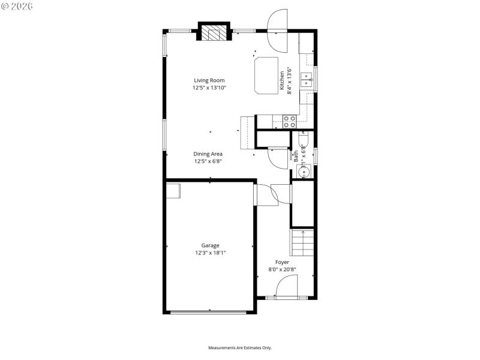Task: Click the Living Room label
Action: coord(209,80)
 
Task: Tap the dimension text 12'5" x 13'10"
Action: coord(209,88)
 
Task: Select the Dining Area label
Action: coord(208,154)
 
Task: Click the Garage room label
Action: coord(210,245)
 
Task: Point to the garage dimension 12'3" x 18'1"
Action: coord(210,253)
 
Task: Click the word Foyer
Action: coord(282,262)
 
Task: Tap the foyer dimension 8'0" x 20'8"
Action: coord(282,269)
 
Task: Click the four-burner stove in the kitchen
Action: coord(289,122)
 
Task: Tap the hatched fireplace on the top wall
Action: coord(214,33)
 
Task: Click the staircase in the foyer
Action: coord(303,242)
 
